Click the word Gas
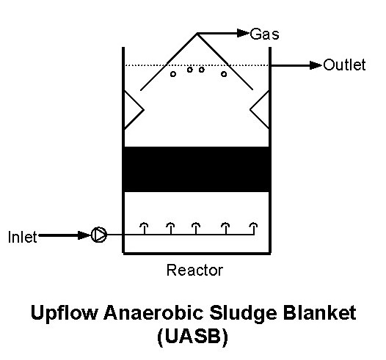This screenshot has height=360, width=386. coord(264,34)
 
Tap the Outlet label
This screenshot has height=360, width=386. coord(344,65)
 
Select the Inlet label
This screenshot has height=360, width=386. coord(23,237)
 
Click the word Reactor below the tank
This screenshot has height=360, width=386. coord(194,270)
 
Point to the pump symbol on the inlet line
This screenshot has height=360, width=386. coord(99,235)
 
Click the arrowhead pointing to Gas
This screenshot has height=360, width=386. coord(243,33)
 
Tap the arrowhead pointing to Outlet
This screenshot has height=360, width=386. coord(316,65)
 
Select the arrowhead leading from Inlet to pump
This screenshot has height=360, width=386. coord(84,235)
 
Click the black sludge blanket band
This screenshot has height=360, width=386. coord(197,169)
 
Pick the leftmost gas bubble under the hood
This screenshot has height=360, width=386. coord(173,74)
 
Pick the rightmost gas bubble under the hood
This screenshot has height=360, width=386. coord(224,74)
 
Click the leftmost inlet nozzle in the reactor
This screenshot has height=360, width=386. coord(145,228)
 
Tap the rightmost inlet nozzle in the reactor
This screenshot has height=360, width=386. coord(253,228)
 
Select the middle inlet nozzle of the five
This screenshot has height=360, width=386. coord(196,228)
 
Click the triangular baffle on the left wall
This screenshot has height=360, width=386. coord(134,110)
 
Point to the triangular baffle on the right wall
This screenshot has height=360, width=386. coord(260,110)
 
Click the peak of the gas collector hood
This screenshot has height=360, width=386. coord(197,34)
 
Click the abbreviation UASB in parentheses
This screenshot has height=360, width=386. coord(193,337)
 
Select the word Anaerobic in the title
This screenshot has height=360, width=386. coord(154,312)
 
